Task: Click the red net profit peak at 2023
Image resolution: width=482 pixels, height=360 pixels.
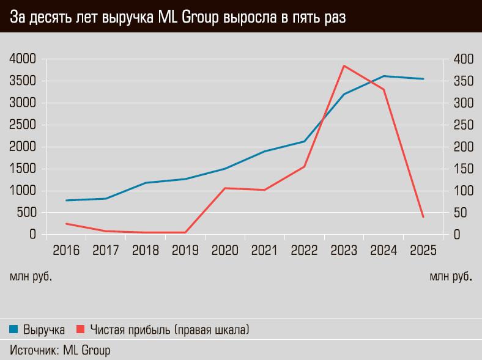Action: coord(344,66)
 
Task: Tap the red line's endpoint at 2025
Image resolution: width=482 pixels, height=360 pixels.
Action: coord(423,217)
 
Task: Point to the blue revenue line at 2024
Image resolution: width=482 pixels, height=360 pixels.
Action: coord(384,76)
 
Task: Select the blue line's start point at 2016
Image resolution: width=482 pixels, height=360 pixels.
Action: coord(66,200)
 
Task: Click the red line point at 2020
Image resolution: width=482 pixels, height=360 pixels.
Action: coord(224,188)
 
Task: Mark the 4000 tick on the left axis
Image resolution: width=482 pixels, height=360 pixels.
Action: coord(23,59)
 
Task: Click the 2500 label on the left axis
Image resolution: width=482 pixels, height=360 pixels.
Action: coord(23,125)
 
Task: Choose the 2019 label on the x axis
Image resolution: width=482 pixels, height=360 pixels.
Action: coord(185,250)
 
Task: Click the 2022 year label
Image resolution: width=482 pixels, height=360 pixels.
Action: coord(304,250)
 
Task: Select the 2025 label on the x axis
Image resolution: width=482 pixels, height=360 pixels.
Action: coord(423,250)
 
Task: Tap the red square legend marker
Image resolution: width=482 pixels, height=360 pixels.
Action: coord(80,330)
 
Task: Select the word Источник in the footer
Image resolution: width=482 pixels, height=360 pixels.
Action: coord(34,350)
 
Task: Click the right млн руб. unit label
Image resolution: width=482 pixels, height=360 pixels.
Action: coord(451,277)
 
